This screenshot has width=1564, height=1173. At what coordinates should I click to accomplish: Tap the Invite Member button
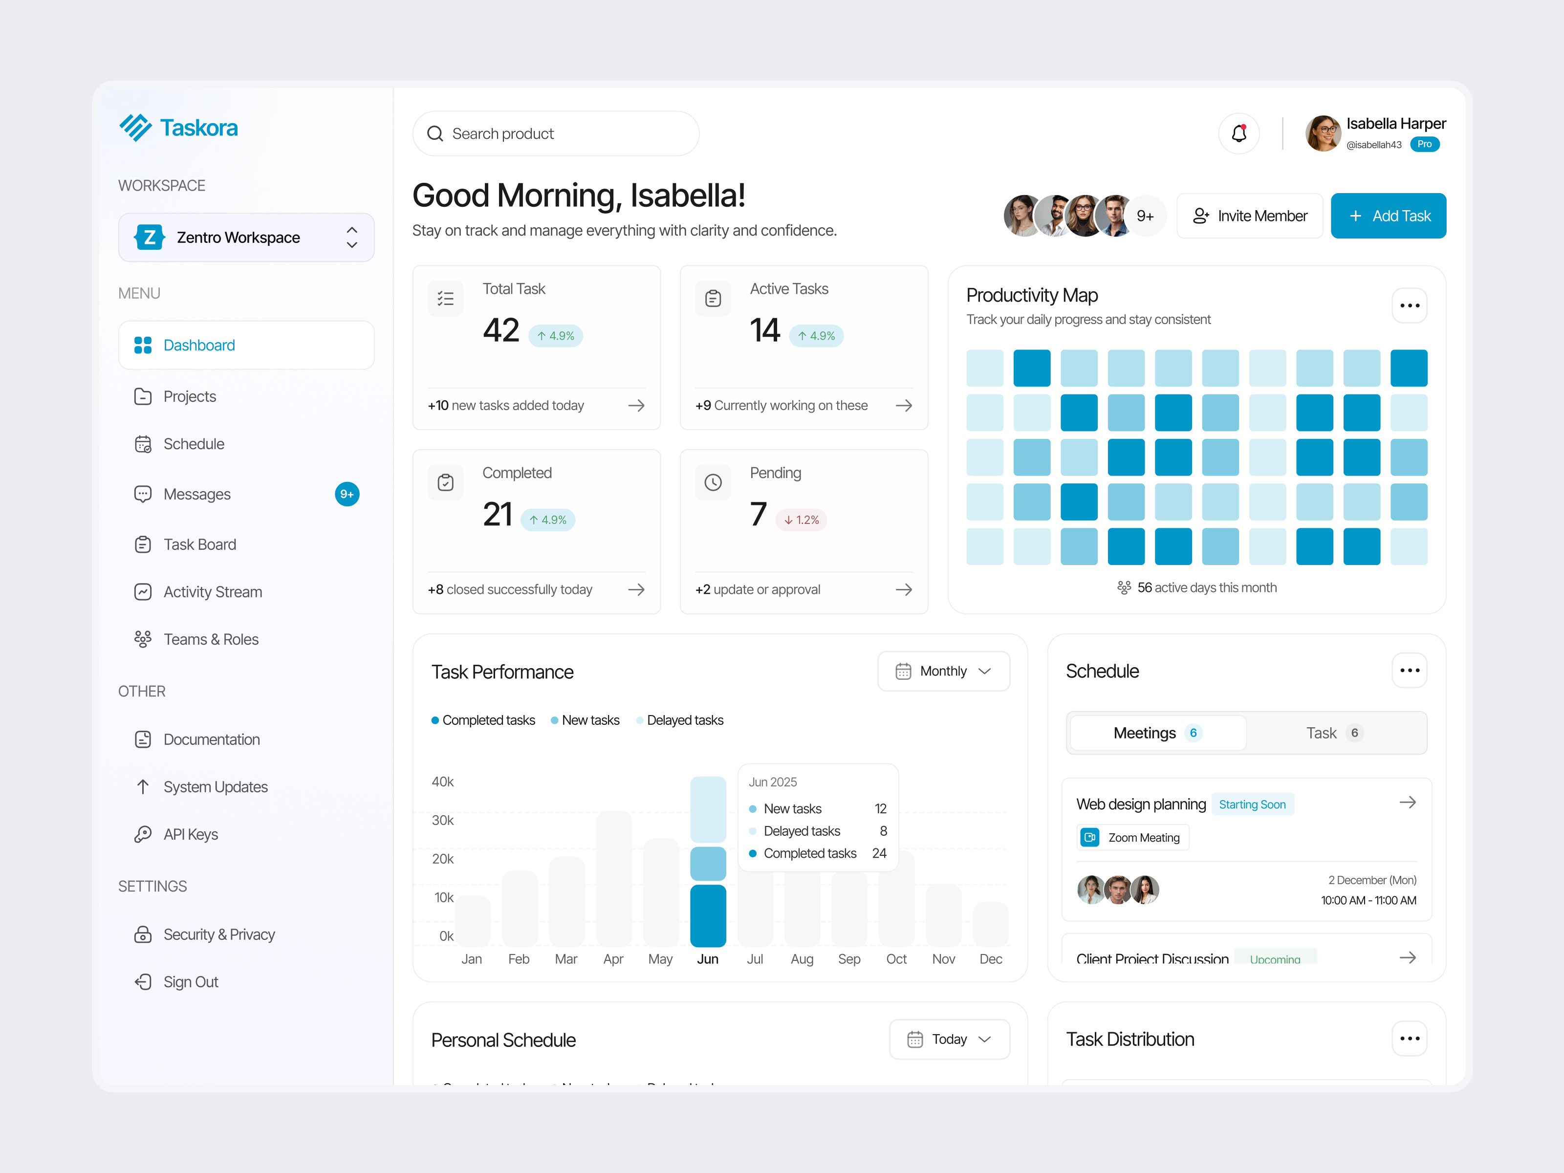[1249, 216]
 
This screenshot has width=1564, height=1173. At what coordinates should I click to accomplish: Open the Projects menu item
[190, 397]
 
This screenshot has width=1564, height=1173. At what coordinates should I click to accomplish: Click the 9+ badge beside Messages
[347, 494]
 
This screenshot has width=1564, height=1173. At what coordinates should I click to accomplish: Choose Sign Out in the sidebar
[190, 982]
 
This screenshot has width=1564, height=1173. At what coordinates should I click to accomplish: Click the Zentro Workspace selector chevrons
[351, 238]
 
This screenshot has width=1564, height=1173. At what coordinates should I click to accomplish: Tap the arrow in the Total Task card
[636, 405]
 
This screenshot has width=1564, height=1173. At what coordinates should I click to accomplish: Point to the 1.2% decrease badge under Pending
[801, 520]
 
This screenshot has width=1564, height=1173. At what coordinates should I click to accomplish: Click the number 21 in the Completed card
[498, 514]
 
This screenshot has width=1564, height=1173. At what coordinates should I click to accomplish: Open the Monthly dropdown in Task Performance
[943, 671]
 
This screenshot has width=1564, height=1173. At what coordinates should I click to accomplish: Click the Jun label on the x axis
[707, 959]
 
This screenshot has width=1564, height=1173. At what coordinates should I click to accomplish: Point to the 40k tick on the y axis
[443, 782]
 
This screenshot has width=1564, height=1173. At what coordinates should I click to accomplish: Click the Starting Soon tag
[1252, 804]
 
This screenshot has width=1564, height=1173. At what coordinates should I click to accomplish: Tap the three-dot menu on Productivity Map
[1409, 305]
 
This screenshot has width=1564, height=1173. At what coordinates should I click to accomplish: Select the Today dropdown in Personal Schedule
[949, 1040]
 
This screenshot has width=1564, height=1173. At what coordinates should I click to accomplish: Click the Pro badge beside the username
[1424, 144]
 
